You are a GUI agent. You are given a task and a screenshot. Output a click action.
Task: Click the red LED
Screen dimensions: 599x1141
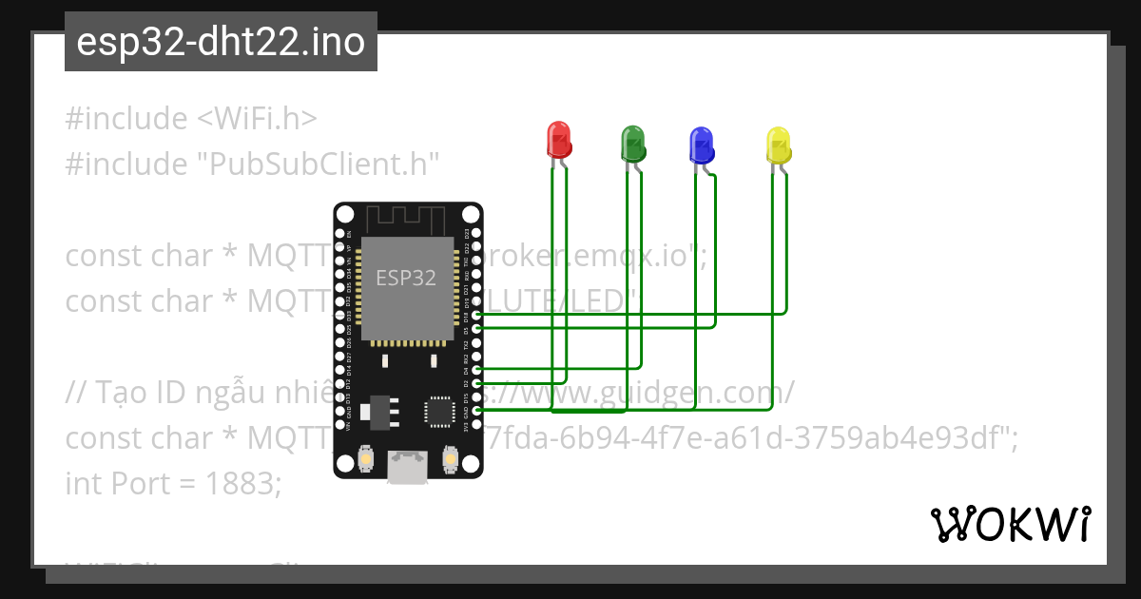tap(558, 140)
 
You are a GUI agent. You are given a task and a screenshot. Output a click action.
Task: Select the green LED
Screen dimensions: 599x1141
tap(632, 143)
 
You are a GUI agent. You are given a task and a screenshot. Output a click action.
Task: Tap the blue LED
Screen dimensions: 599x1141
tap(701, 144)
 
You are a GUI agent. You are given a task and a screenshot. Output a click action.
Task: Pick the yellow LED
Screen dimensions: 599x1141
tap(778, 145)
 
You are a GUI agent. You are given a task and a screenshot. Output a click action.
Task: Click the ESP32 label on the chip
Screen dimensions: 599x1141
tap(406, 278)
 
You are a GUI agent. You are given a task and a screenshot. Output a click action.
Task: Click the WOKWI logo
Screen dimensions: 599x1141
tap(1011, 524)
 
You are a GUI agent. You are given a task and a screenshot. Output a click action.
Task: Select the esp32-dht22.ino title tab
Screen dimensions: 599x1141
tap(221, 42)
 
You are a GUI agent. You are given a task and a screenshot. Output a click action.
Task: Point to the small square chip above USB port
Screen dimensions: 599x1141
tap(440, 412)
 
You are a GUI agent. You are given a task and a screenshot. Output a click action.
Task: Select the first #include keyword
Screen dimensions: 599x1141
tap(126, 119)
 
